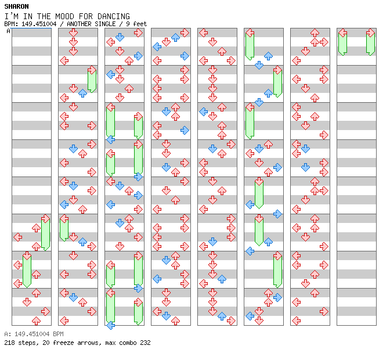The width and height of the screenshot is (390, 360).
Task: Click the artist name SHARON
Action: pyautogui.click(x=16, y=6)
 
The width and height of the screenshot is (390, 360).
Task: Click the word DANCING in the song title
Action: pyautogui.click(x=113, y=16)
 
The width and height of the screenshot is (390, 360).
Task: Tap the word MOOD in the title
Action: pyautogui.click(x=64, y=16)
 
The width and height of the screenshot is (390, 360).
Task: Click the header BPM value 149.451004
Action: pyautogui.click(x=39, y=24)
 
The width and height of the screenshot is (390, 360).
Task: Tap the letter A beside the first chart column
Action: pyautogui.click(x=9, y=31)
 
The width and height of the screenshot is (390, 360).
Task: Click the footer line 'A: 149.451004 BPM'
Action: pyautogui.click(x=34, y=334)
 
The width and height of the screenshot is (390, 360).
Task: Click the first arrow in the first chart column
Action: pyautogui.click(x=45, y=219)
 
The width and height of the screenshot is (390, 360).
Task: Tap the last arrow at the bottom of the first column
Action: pyautogui.click(x=37, y=321)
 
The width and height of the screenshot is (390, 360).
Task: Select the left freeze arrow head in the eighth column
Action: pyautogui.click(x=343, y=33)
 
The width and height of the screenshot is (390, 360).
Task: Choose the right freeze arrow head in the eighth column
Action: pyautogui.click(x=371, y=33)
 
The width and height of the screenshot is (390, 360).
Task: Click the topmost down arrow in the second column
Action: pyautogui.click(x=73, y=33)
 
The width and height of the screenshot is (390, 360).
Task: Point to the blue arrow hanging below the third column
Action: pyautogui.click(x=111, y=325)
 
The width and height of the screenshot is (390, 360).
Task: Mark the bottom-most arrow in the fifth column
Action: pyautogui.click(x=231, y=321)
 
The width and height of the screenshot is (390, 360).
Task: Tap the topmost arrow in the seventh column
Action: pyautogui.click(x=315, y=33)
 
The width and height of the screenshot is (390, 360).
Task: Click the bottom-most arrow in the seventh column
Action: pyautogui.click(x=296, y=321)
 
